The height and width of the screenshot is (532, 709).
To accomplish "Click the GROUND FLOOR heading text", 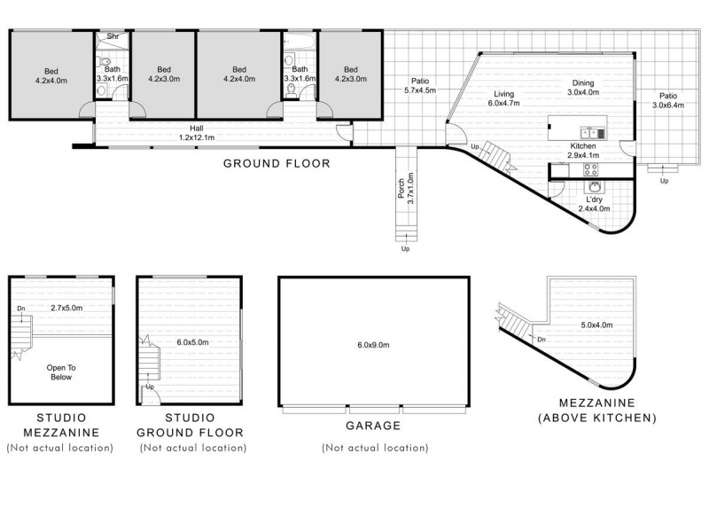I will click(276, 163).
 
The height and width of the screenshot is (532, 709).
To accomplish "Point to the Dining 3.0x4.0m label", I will click(583, 87).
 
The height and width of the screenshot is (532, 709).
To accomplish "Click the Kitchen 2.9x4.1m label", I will click(583, 151).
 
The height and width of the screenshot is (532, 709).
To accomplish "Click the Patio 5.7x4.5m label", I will click(419, 86).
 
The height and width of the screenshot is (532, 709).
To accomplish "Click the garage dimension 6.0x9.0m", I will click(372, 345).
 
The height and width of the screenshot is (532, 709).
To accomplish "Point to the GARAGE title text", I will click(372, 426).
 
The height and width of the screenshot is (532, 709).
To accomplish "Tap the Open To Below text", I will click(59, 372).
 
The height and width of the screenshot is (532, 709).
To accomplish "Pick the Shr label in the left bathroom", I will click(113, 36).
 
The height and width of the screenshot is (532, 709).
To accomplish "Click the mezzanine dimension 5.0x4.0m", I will click(596, 325).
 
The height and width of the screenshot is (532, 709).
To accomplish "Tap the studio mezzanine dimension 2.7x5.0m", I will click(66, 308).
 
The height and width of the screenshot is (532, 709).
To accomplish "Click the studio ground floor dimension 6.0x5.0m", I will click(192, 341).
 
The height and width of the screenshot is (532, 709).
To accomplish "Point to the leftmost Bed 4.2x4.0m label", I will click(51, 74).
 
